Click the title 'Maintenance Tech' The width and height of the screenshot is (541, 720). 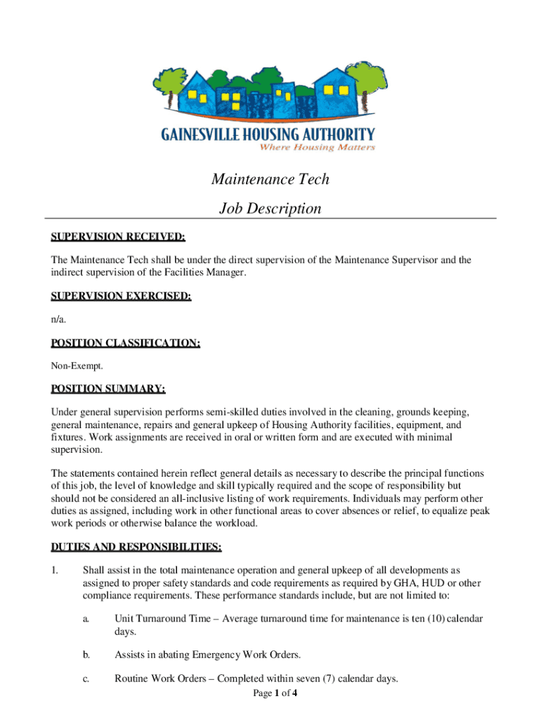click(x=270, y=179)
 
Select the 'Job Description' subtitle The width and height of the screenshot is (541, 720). click(x=270, y=209)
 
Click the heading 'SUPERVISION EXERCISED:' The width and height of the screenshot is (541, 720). click(x=121, y=297)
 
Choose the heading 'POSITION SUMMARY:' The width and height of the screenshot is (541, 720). click(x=108, y=389)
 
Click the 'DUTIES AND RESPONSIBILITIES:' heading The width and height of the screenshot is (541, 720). click(x=136, y=546)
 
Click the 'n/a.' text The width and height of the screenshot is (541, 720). click(x=58, y=320)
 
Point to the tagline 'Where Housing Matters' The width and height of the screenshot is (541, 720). click(x=318, y=147)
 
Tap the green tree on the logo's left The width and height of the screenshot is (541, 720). click(x=168, y=82)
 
